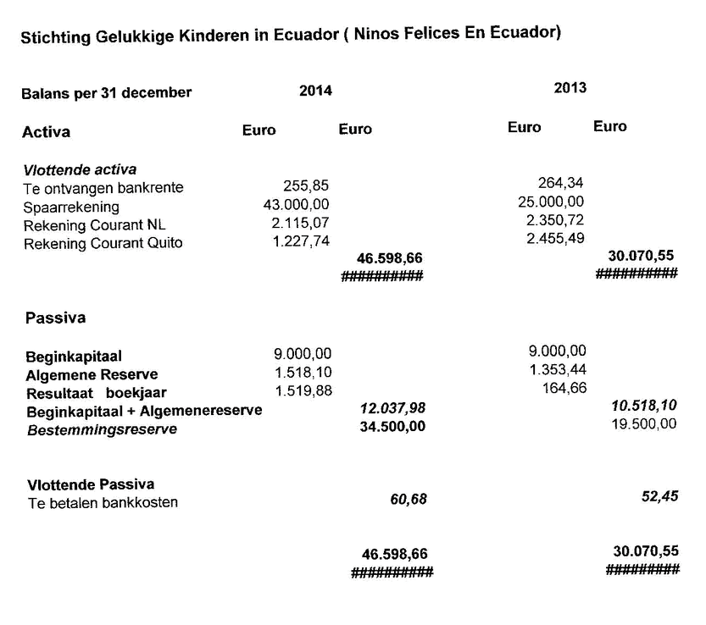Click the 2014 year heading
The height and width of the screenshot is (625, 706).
pyautogui.click(x=315, y=91)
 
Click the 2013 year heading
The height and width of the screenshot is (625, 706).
pyautogui.click(x=570, y=87)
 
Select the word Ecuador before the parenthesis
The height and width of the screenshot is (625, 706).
pyautogui.click(x=306, y=35)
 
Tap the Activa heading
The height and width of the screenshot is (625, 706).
pyautogui.click(x=46, y=132)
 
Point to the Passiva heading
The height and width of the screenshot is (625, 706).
pyautogui.click(x=55, y=318)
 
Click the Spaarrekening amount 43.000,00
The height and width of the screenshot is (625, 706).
pyautogui.click(x=297, y=204)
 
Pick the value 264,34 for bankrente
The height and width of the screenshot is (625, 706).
pyautogui.click(x=560, y=183)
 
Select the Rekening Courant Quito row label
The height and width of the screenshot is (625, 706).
pyautogui.click(x=103, y=243)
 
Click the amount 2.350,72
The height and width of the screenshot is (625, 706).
pyautogui.click(x=555, y=220)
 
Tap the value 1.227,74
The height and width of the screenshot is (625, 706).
pyautogui.click(x=301, y=241)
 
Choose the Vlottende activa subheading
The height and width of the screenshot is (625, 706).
pyautogui.click(x=80, y=169)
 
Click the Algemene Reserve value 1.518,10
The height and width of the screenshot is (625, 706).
pyautogui.click(x=303, y=372)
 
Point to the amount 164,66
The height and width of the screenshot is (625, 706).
pyautogui.click(x=564, y=388)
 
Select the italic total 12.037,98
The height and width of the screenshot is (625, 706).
pyautogui.click(x=392, y=408)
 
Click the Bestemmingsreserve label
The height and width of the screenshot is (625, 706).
pyautogui.click(x=103, y=429)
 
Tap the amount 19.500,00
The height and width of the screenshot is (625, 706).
pyautogui.click(x=644, y=424)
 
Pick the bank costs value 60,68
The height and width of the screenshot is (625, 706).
pyautogui.click(x=409, y=499)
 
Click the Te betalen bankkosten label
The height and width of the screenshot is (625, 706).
pyautogui.click(x=103, y=502)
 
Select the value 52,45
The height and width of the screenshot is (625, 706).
pyautogui.click(x=659, y=496)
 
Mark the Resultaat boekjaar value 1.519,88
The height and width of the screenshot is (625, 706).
pyautogui.click(x=303, y=390)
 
